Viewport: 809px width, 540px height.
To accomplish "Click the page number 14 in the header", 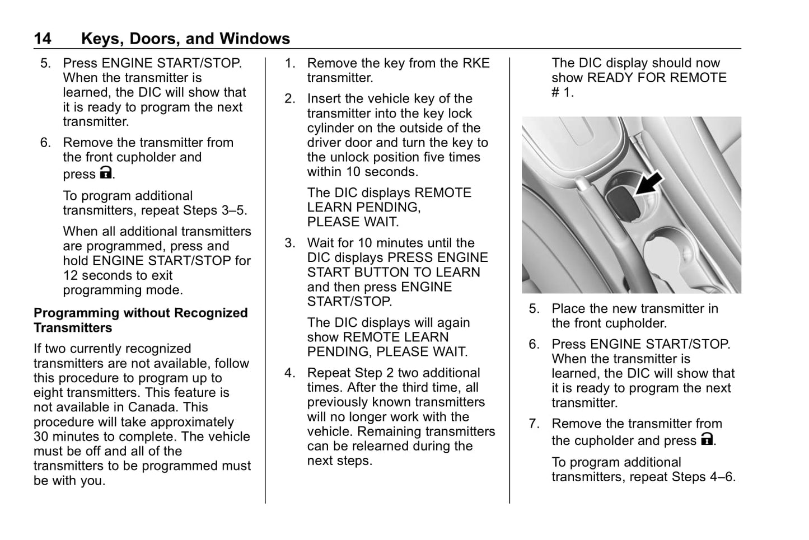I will pyautogui.click(x=42, y=39).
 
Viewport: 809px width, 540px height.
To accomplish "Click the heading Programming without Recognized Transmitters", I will pyautogui.click(x=140, y=320).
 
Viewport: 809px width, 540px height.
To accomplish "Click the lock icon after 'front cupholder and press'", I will pyautogui.click(x=106, y=173).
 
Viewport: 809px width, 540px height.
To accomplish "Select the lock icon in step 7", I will pyautogui.click(x=707, y=439).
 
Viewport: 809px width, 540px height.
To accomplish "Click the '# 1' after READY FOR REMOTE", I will pyautogui.click(x=562, y=92).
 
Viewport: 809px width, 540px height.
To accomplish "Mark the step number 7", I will pyautogui.click(x=534, y=424).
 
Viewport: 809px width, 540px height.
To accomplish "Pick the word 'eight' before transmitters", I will pyautogui.click(x=48, y=393).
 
